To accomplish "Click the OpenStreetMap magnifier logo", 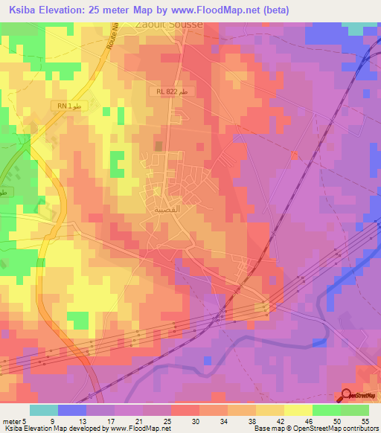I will click(x=348, y=396).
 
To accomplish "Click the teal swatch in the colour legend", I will click(x=43, y=410).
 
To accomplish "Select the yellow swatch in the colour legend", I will click(x=298, y=410).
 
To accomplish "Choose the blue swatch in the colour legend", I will click(x=71, y=410).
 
